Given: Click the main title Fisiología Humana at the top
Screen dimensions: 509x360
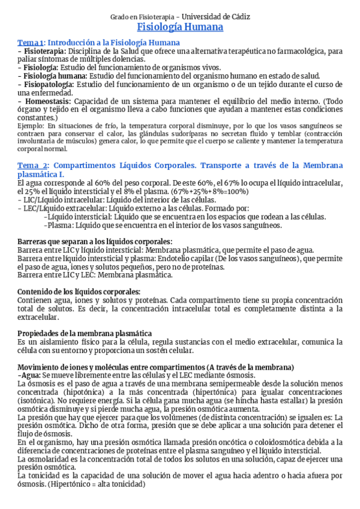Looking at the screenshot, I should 180,28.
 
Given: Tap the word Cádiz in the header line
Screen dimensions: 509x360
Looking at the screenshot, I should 238,16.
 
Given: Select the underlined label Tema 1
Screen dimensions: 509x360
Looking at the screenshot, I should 30,43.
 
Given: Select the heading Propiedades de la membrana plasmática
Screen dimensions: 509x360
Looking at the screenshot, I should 85,333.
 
